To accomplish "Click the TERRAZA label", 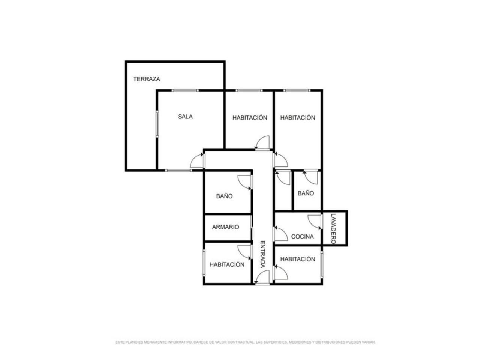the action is pyautogui.click(x=147, y=79).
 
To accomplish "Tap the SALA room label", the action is pyautogui.click(x=185, y=117).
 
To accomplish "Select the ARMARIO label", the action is pyautogui.click(x=225, y=227).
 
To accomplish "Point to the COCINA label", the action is pyautogui.click(x=302, y=237).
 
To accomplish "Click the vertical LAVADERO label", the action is pyautogui.click(x=333, y=229).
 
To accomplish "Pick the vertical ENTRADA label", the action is pyautogui.click(x=263, y=254).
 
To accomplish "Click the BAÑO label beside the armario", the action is pyautogui.click(x=224, y=196).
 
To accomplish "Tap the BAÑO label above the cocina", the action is pyautogui.click(x=306, y=193).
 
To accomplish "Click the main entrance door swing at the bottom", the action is pyautogui.click(x=262, y=277).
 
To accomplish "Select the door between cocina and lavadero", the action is pyautogui.click(x=315, y=222).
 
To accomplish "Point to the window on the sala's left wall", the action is pyautogui.click(x=157, y=124).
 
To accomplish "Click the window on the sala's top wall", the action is pyautogui.click(x=185, y=90).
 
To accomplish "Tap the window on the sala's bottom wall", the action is pyautogui.click(x=178, y=171).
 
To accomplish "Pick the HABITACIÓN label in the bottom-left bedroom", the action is pyautogui.click(x=227, y=265).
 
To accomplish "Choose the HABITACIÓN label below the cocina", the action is pyautogui.click(x=298, y=259).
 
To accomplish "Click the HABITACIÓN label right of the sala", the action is pyautogui.click(x=250, y=118).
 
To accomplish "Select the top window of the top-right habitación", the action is pyautogui.click(x=297, y=90).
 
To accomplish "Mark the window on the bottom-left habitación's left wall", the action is pyautogui.click(x=204, y=263).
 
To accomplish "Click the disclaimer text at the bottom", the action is pyautogui.click(x=245, y=342).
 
